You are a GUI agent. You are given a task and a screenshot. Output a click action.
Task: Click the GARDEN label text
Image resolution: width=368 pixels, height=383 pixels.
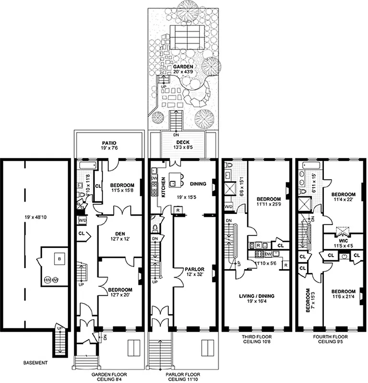coord(183,66)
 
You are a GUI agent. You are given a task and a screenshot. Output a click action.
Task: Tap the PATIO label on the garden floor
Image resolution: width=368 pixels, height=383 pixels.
coord(109,143)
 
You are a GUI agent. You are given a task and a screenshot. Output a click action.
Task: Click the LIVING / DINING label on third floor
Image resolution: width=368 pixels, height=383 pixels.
coord(256,296)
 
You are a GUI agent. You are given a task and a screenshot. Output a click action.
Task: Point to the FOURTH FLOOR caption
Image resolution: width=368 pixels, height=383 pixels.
coord(331,337)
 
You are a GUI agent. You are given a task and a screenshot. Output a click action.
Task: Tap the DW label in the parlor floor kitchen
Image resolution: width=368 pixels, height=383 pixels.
coord(154,177)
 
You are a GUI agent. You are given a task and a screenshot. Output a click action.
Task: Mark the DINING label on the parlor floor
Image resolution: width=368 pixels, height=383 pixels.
coord(198,183)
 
